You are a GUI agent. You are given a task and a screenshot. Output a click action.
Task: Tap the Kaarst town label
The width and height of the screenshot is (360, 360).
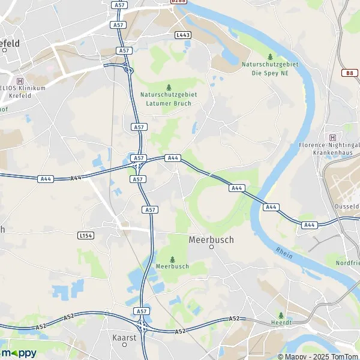125,337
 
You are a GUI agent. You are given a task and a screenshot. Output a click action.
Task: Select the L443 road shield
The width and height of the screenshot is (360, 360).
183,35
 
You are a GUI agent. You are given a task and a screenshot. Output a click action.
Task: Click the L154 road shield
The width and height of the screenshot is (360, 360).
86,236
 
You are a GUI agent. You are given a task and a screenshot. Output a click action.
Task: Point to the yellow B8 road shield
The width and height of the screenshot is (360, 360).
350,73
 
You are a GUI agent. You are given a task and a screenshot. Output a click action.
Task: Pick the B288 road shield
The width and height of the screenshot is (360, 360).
178,2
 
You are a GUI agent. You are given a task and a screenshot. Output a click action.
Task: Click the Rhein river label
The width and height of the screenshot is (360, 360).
284,253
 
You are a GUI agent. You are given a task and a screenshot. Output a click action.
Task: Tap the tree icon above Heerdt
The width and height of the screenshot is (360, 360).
281,315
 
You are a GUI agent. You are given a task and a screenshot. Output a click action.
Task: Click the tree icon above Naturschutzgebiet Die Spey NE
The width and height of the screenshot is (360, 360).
270,56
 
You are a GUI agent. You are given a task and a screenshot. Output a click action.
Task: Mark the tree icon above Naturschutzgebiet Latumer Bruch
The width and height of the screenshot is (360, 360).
168,87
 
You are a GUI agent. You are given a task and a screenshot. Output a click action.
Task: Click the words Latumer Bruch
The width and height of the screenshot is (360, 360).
168,103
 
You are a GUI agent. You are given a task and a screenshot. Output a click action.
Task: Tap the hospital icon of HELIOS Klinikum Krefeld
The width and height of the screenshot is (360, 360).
20,81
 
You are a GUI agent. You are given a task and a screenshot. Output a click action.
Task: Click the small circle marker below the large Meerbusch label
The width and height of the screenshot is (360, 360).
211,247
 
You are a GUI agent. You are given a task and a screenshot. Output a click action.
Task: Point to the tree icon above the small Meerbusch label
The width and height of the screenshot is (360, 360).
172,259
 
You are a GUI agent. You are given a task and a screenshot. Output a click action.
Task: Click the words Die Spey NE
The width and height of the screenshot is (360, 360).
270,72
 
